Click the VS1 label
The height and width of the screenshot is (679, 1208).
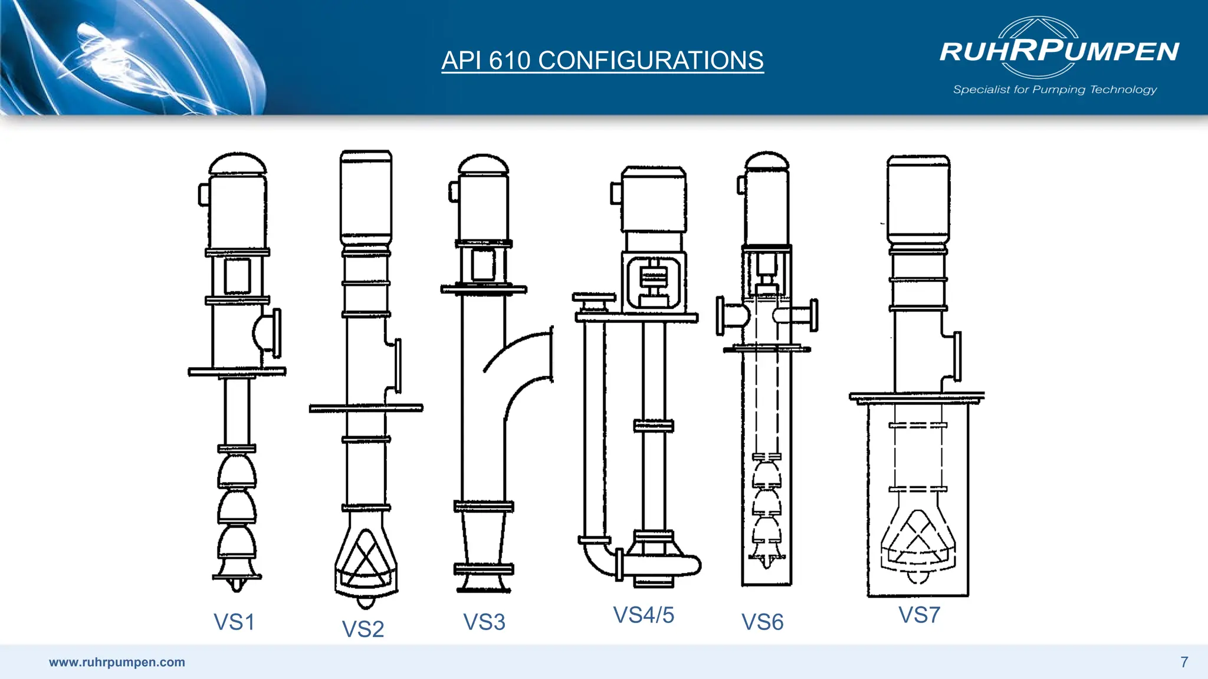[x=234, y=622]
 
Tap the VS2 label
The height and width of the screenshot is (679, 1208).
[x=363, y=629]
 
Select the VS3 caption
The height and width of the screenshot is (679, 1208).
[x=484, y=622]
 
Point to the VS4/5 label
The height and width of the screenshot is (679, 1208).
[x=644, y=615]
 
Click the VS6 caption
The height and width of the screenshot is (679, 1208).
[x=762, y=622]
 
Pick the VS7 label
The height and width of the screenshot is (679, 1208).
[x=918, y=615]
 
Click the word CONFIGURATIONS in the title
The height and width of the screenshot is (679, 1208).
[x=651, y=61]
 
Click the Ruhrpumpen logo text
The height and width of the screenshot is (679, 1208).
[x=1059, y=51]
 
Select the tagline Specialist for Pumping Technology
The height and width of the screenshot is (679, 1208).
[x=1055, y=90]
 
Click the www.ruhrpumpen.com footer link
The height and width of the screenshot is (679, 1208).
[x=117, y=662]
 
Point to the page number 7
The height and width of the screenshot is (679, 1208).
[x=1184, y=662]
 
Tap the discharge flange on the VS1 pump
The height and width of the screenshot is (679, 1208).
[x=274, y=333]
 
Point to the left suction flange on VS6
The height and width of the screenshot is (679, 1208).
[x=721, y=316]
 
